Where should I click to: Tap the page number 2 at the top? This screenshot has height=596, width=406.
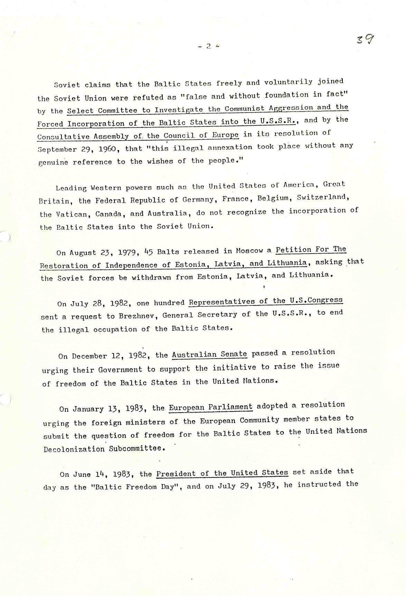point(208,46)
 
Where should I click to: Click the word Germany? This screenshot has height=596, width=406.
point(198,200)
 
